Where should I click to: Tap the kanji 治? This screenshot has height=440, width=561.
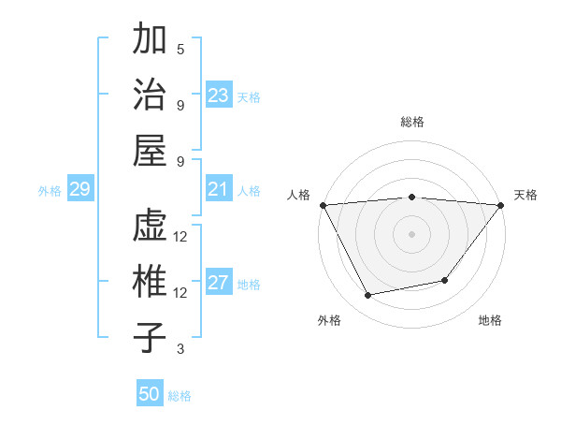(150, 95)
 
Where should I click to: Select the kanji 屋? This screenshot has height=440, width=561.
(150, 150)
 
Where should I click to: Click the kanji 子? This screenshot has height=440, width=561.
(150, 337)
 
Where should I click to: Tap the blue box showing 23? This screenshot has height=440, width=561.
(219, 95)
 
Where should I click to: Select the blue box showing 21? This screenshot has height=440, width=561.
(219, 190)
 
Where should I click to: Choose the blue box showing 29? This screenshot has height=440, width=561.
(79, 190)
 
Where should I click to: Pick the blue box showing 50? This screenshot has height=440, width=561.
(150, 394)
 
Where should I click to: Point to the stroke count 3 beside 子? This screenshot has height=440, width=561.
(180, 349)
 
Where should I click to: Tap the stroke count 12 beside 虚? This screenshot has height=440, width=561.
(181, 237)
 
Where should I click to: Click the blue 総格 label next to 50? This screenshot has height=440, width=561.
(180, 396)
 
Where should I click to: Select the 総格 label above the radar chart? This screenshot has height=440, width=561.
(411, 122)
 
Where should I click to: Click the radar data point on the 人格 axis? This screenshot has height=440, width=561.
(323, 204)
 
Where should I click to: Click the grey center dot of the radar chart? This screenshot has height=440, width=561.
(411, 233)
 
